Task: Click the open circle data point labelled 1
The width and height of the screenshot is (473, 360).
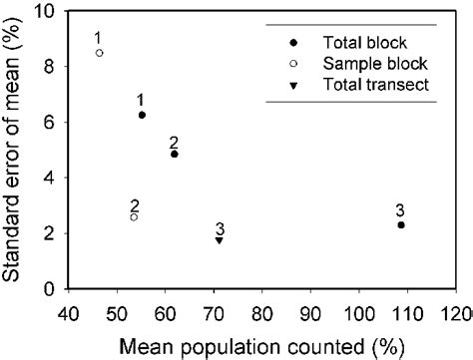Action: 99,53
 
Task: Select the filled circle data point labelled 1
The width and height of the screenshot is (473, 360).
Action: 142,115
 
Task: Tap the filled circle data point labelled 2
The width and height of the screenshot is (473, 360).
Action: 175,154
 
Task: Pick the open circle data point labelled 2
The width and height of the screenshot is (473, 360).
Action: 134,216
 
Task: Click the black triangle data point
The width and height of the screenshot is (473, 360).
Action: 219,240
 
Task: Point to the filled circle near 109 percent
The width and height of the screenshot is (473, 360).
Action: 400,225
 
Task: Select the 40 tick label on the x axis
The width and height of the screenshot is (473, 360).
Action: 68,310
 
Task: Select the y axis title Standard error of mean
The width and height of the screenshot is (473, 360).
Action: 17,150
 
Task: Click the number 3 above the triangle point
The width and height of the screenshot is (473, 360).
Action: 219,226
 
